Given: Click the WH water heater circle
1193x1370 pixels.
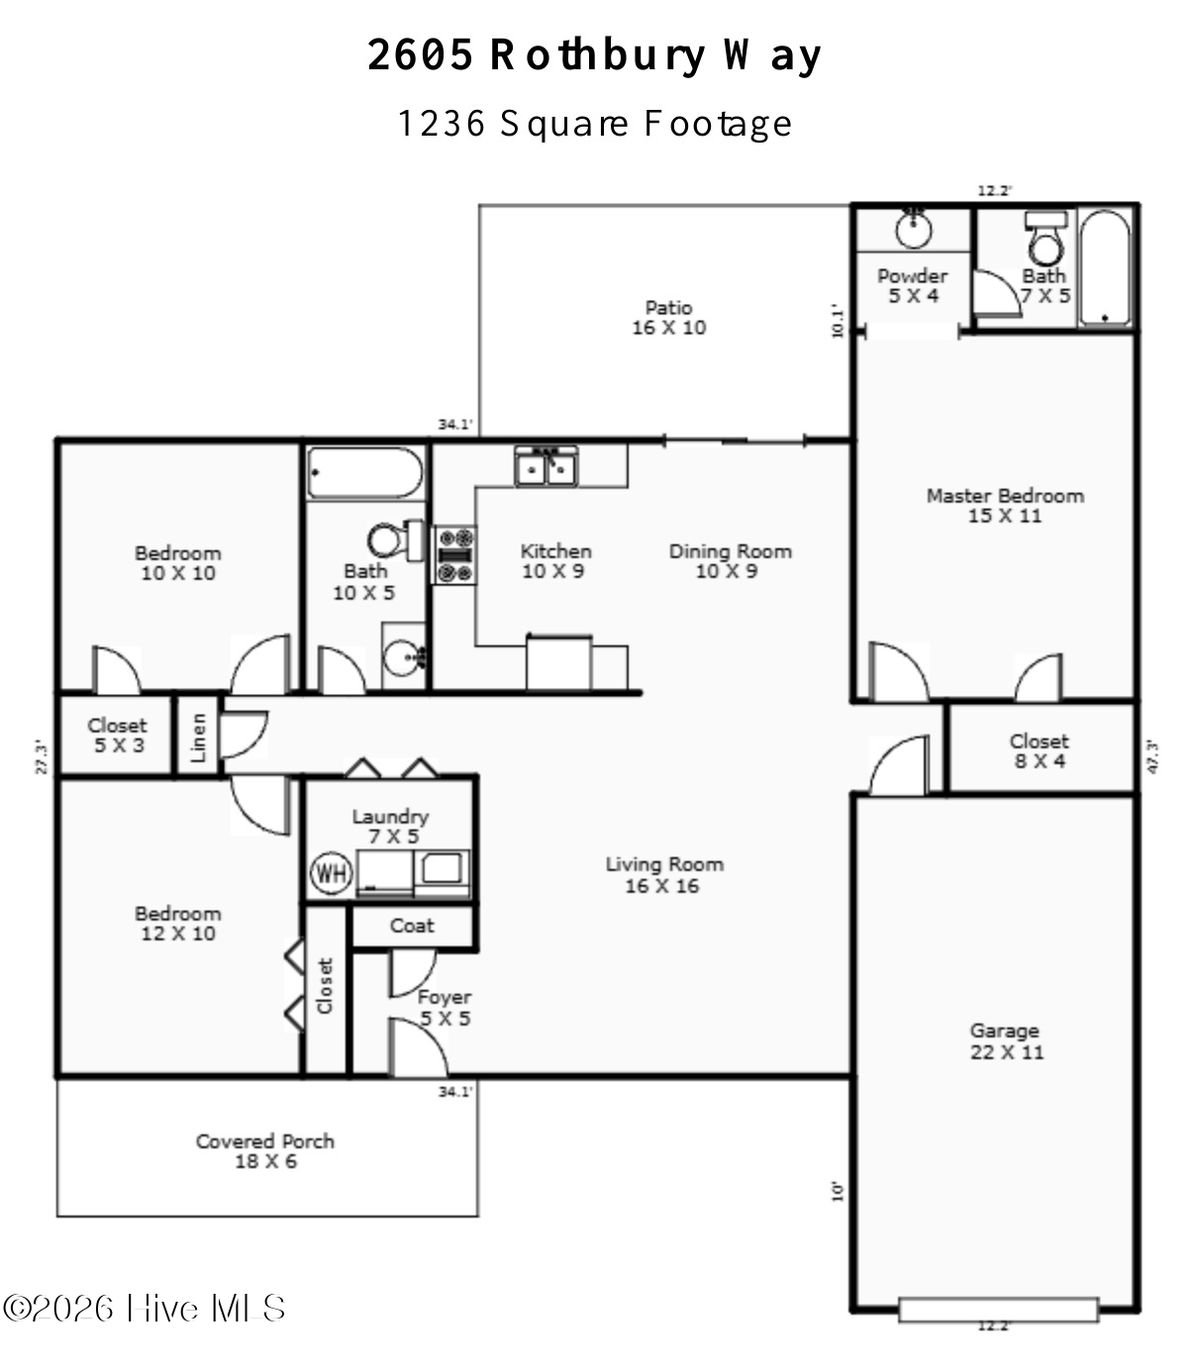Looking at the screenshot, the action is point(332,872).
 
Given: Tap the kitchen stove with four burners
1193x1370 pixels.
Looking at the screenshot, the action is point(455,555).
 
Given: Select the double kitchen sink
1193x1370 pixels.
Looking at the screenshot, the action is point(546,466).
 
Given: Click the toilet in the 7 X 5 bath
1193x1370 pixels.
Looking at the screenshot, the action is point(1045,239).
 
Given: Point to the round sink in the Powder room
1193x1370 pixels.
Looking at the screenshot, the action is point(914,228).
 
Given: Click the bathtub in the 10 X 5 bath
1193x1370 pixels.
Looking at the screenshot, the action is point(365,473).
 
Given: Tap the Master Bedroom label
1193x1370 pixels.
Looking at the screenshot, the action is point(1005,506).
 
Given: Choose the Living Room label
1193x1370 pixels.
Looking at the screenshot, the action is point(664,874).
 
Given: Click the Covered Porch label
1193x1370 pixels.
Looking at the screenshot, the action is point(265,1151).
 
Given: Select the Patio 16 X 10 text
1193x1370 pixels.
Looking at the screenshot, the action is point(669,318).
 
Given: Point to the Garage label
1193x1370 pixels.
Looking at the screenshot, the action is point(1006,1041).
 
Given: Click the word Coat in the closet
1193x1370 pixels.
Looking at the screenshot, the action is point(412,926).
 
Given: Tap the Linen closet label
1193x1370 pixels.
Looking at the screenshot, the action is point(198,737).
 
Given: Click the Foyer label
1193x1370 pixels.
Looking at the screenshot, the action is point(445,997).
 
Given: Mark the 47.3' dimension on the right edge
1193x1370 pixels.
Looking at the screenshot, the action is point(1152,756).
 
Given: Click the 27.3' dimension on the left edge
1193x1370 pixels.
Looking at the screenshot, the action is point(42,757).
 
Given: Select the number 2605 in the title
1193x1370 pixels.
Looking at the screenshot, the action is point(421,54).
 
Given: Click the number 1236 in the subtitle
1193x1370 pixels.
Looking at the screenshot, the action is point(442,124).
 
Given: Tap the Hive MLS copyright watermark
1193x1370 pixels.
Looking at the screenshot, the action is point(144,1308).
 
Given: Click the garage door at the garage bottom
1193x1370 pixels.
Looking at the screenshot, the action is point(998,1309).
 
